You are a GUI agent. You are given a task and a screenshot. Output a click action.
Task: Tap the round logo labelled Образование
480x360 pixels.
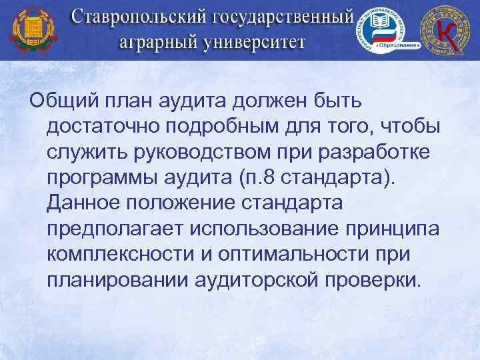pyautogui.click(x=384, y=30)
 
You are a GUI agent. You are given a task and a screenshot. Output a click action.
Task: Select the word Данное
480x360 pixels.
pyautogui.click(x=86, y=203)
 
